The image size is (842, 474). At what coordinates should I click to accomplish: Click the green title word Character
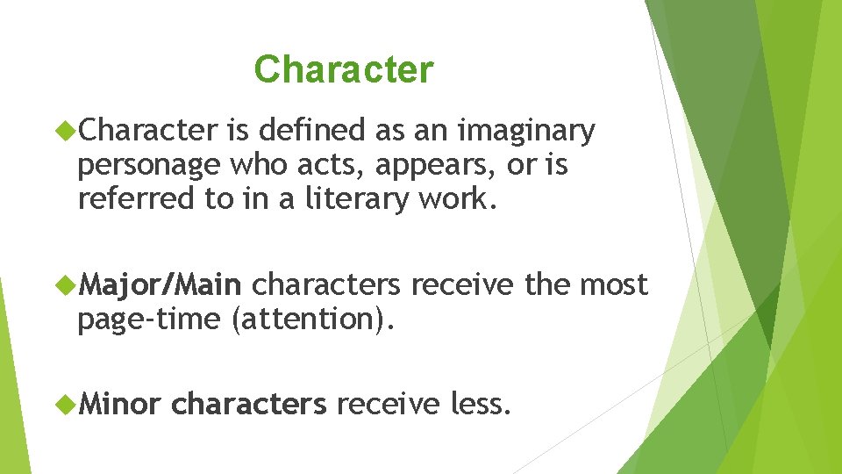pyautogui.click(x=343, y=69)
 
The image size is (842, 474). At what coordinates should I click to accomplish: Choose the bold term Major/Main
pyautogui.click(x=160, y=285)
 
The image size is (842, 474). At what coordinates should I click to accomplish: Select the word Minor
pyautogui.click(x=119, y=405)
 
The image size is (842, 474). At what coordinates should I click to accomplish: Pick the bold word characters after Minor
pyautogui.click(x=249, y=405)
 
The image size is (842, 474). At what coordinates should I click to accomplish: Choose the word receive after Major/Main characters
pyautogui.click(x=463, y=285)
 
